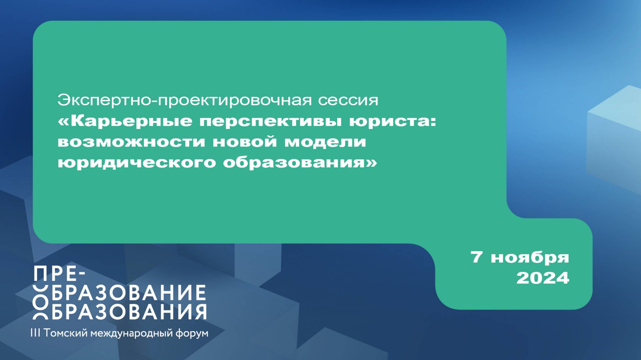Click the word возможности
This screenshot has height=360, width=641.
coord(132,142)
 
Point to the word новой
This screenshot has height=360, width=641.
coord(245,142)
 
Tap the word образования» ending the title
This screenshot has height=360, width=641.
coord(300,163)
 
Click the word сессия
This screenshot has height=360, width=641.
coord(348,101)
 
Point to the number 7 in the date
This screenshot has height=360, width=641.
coord(476,257)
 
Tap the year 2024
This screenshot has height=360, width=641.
coord(543,278)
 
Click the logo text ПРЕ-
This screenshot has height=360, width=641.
coord(60,275)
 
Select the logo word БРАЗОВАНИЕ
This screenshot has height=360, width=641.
coord(129,293)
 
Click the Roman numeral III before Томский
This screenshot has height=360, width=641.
coord(35,333)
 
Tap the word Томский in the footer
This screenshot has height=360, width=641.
coord(65,333)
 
